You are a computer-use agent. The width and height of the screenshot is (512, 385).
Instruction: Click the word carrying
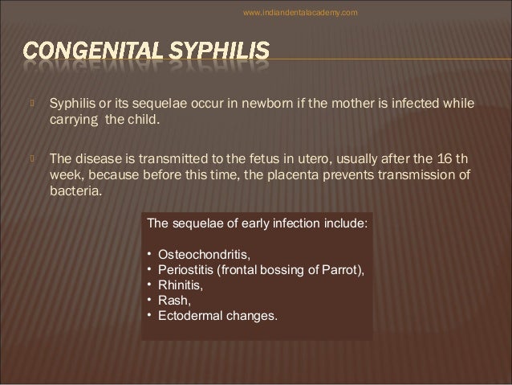point(75,121)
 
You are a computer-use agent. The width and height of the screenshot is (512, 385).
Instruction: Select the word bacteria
point(75,190)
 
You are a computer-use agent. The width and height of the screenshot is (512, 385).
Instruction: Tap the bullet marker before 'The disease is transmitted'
point(30,157)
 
